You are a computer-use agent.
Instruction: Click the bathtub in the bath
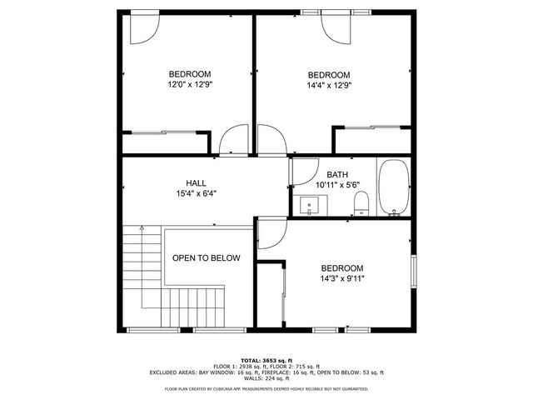click(392, 187)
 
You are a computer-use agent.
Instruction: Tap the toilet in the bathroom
click(361, 202)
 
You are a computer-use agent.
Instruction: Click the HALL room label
click(196, 182)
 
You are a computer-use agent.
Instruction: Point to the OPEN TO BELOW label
click(206, 258)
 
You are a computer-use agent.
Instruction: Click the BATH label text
click(337, 174)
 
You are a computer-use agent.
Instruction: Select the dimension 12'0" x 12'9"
click(189, 84)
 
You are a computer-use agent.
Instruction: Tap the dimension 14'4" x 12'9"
click(328, 84)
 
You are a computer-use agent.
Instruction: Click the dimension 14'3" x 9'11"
click(342, 278)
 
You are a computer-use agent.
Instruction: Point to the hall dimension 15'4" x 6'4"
click(196, 193)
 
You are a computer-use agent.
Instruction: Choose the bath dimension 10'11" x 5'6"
click(337, 184)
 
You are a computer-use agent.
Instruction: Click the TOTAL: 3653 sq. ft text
click(266, 359)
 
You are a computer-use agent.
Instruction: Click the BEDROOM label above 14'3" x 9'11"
click(342, 267)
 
